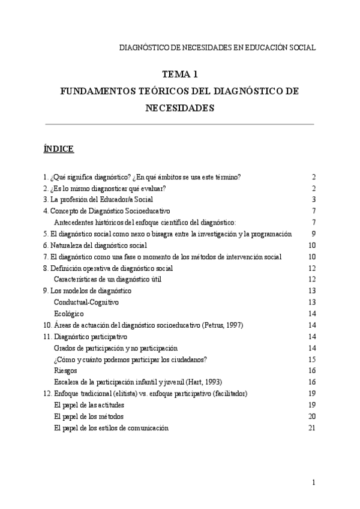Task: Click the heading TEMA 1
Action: pyautogui.click(x=180, y=75)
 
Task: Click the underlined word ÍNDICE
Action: pyautogui.click(x=59, y=148)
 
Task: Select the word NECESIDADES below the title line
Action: pyautogui.click(x=180, y=109)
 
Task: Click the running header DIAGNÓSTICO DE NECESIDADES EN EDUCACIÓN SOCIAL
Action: pyautogui.click(x=218, y=47)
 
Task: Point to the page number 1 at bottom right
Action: pyautogui.click(x=313, y=483)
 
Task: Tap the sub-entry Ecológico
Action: pyautogui.click(x=68, y=314)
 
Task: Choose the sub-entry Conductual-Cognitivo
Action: pyautogui.click(x=86, y=302)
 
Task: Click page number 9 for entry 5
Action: pyautogui.click(x=313, y=233)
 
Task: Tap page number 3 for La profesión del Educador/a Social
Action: pyautogui.click(x=313, y=199)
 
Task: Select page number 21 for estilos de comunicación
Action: pyautogui.click(x=311, y=428)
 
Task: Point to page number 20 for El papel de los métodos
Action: pyautogui.click(x=311, y=417)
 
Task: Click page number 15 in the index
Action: pyautogui.click(x=311, y=360)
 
